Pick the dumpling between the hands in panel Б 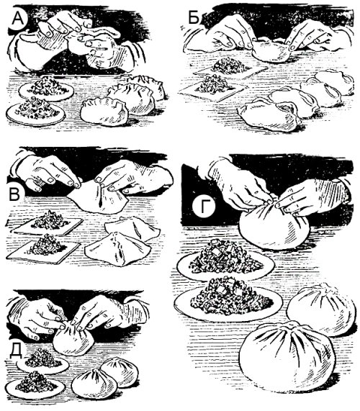[269, 51]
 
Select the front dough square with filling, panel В [45, 247]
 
